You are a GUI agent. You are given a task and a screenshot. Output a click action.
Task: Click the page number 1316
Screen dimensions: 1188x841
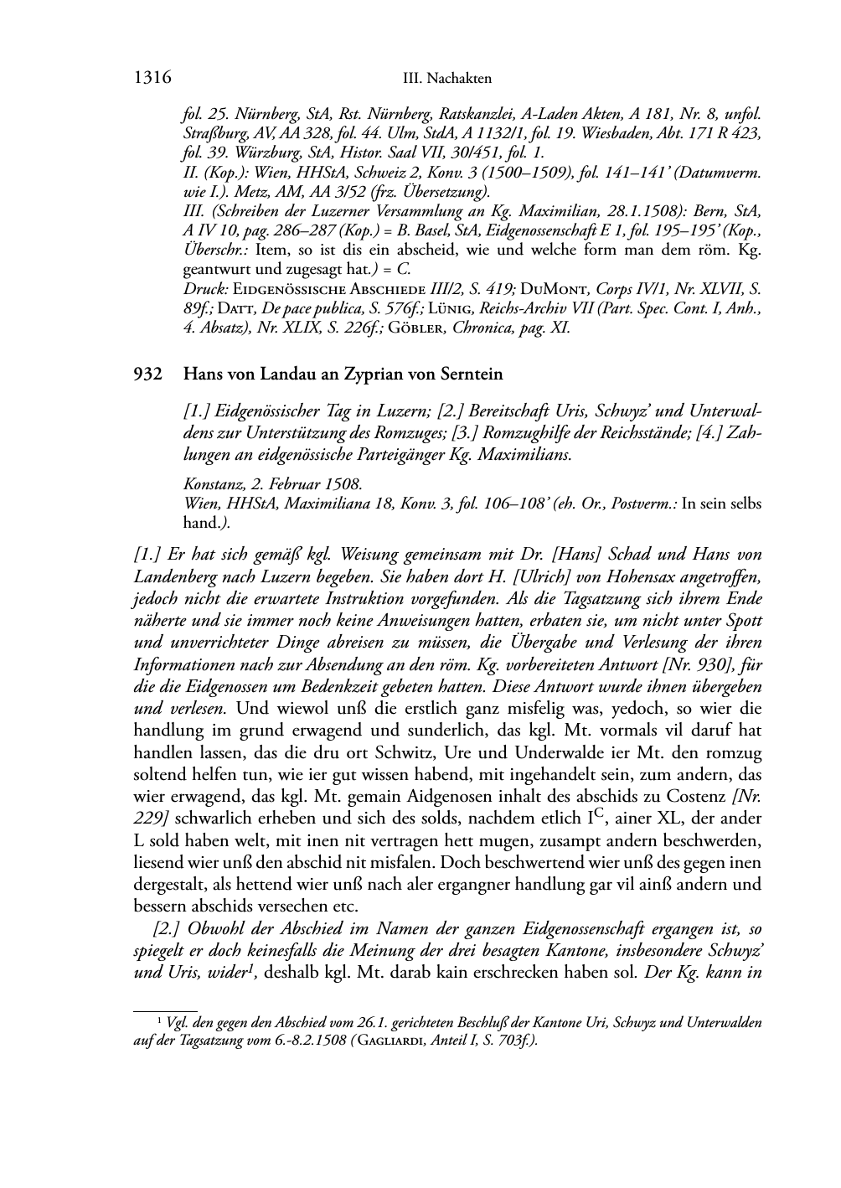152,78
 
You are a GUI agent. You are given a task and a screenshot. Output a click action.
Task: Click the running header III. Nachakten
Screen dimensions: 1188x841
446,79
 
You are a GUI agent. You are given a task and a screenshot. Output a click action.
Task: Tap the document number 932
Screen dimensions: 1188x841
147,374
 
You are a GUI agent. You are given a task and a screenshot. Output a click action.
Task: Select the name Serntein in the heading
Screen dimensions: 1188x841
472,374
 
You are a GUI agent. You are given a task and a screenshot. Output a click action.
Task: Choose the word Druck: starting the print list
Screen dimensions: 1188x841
204,289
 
